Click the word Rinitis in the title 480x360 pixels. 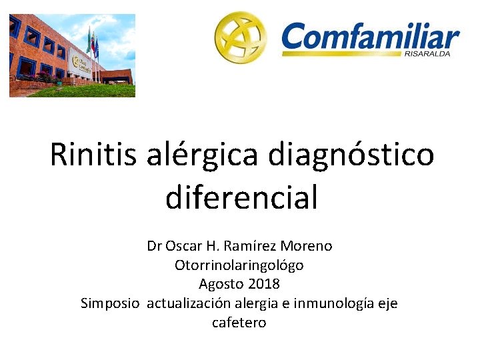coord(93,155)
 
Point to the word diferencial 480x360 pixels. coord(241,197)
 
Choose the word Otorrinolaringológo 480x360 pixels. coord(239,265)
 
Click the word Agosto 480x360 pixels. coord(219,285)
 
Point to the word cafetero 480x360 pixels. coord(239,323)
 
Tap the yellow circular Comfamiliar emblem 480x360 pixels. coord(239,37)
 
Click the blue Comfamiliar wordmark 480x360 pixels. coord(370,37)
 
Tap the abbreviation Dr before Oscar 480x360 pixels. coord(154,246)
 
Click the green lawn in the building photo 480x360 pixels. coord(87,91)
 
